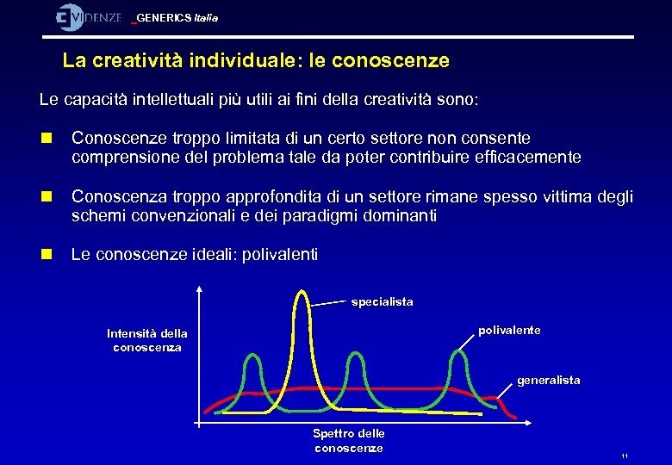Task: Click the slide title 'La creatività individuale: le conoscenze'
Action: (x=256, y=61)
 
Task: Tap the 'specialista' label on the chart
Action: (x=382, y=301)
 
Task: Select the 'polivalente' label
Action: (x=509, y=331)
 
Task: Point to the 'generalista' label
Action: (x=548, y=380)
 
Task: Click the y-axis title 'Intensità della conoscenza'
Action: (x=146, y=340)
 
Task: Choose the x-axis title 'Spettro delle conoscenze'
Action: (x=348, y=440)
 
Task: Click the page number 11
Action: (x=625, y=456)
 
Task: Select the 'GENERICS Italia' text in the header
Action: (x=177, y=18)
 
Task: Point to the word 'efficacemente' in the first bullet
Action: (x=535, y=158)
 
